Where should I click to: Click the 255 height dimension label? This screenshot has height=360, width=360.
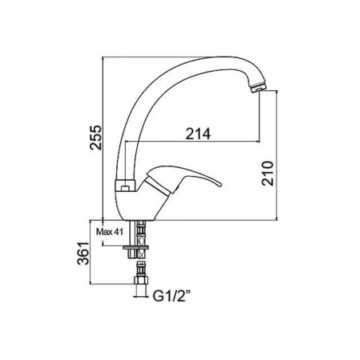(x=96, y=137)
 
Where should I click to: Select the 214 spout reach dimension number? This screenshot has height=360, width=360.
(x=198, y=134)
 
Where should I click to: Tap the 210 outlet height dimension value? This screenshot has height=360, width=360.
(x=268, y=173)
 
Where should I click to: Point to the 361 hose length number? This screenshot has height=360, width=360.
(x=83, y=253)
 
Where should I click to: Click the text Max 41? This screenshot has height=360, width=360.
(x=110, y=232)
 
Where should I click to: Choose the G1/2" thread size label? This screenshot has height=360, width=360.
(x=172, y=295)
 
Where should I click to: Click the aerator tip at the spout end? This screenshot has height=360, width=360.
(x=257, y=88)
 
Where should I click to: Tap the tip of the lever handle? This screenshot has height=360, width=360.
(x=219, y=185)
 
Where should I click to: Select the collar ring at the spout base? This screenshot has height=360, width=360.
(x=125, y=186)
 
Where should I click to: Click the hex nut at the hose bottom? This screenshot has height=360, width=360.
(x=141, y=280)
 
